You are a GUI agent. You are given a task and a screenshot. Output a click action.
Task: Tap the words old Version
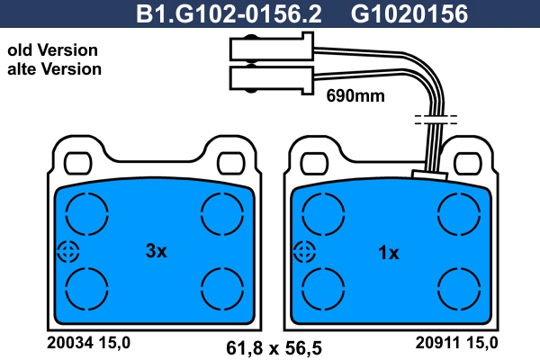52,50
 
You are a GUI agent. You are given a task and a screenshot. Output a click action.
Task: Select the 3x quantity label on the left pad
157,253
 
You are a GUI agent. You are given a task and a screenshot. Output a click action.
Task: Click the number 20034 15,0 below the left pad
88,342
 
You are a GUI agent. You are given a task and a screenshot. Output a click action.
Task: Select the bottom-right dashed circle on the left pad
221,289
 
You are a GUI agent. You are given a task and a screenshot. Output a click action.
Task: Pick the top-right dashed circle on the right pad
456,215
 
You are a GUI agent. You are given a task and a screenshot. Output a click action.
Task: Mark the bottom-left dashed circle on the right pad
322,289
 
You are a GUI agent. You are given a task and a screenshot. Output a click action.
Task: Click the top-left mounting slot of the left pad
77,161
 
